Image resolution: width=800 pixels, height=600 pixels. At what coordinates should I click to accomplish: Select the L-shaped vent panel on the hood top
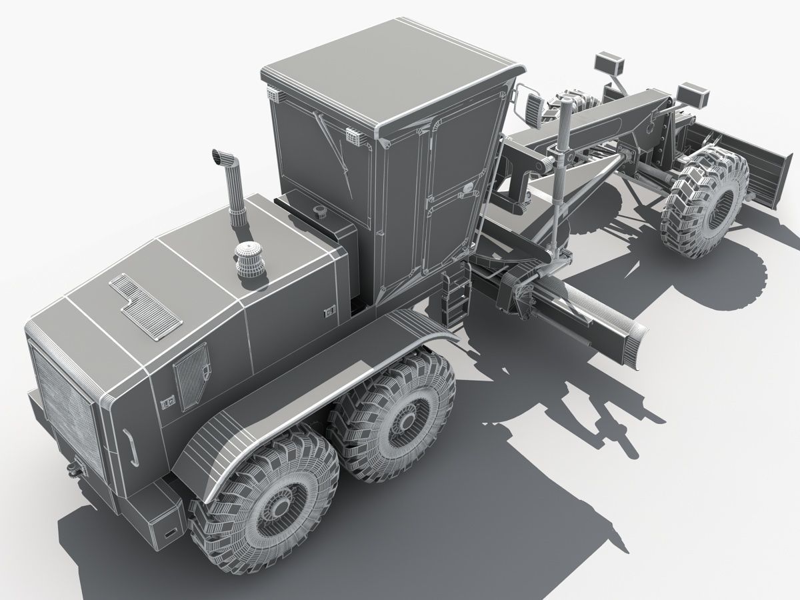[145, 303]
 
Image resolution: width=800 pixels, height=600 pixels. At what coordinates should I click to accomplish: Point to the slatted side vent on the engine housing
[190, 376]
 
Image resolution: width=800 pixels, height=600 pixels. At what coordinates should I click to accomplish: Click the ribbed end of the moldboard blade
[630, 341]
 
